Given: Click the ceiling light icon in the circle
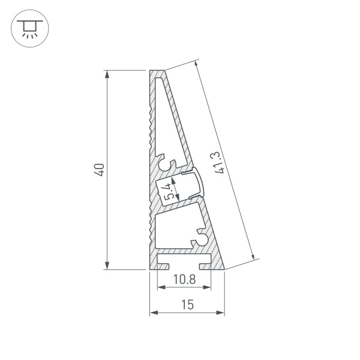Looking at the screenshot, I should pyautogui.click(x=28, y=28).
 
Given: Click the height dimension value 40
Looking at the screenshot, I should pyautogui.click(x=100, y=170).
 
